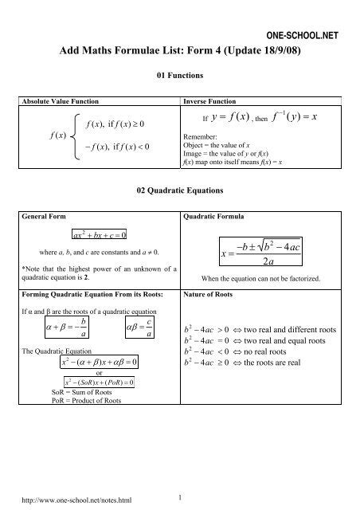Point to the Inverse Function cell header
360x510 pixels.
pos(209,104)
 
